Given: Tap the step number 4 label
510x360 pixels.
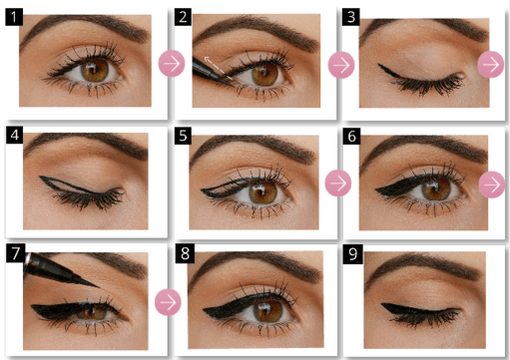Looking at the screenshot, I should click(x=13, y=133).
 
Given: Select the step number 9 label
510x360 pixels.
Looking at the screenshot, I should click(x=351, y=253).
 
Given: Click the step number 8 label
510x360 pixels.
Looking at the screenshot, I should click(x=184, y=253).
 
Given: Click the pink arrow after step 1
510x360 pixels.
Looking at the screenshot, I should click(x=171, y=63).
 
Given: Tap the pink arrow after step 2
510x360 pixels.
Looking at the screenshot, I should click(x=340, y=65).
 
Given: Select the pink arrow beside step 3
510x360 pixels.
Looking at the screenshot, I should click(x=491, y=63).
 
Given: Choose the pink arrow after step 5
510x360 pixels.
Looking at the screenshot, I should click(x=339, y=183).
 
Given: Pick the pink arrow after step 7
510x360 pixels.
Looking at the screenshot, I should click(x=170, y=302).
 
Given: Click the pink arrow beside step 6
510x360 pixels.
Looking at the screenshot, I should click(x=492, y=184).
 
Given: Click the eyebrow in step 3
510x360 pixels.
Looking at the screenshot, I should click(x=419, y=27).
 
